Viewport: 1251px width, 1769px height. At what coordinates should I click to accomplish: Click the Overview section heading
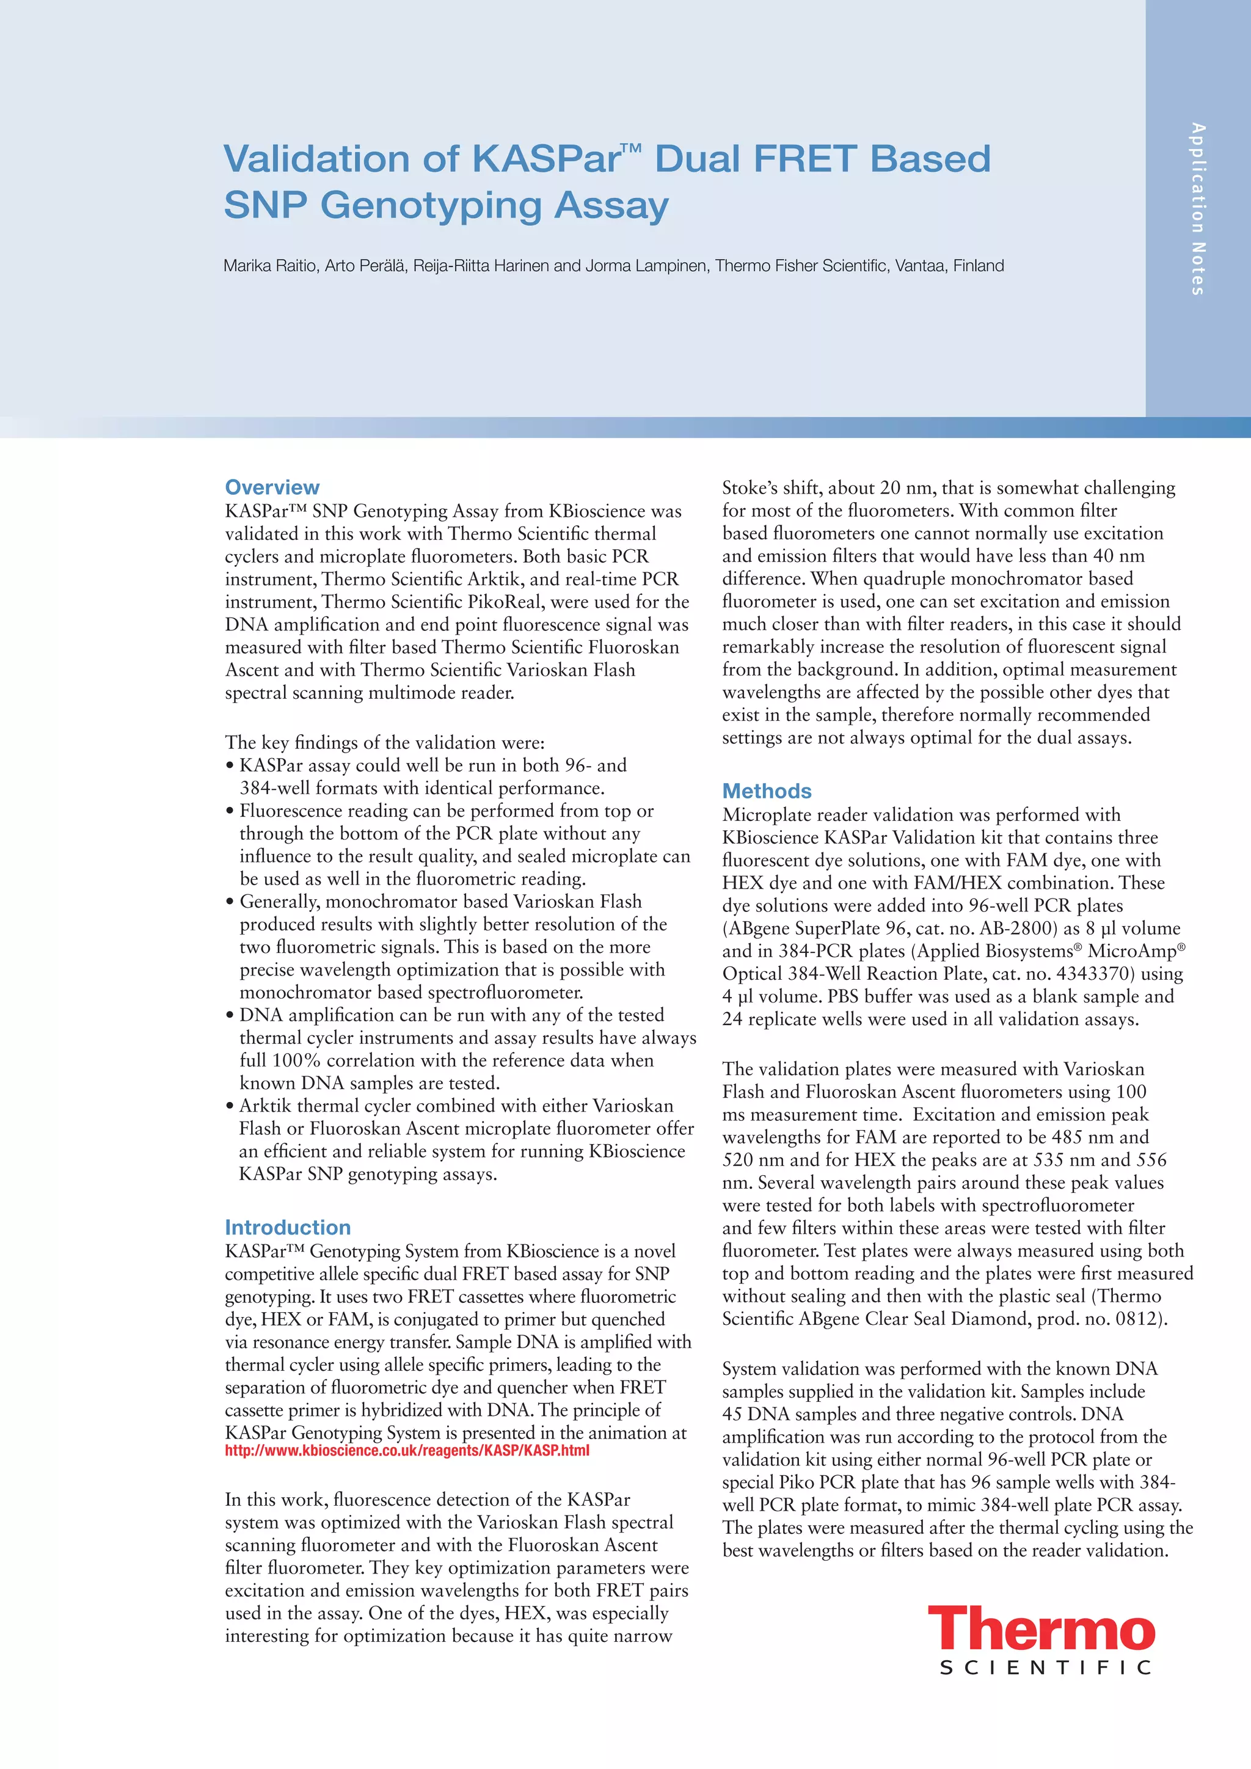272,487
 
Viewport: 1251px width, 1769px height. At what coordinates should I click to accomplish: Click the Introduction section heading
287,1227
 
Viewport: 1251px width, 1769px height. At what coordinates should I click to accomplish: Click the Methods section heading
767,790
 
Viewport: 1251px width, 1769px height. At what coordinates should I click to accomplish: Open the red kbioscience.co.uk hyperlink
407,1451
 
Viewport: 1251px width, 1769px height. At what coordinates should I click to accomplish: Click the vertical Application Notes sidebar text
1197,209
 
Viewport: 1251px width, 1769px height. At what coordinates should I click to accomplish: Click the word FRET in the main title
804,159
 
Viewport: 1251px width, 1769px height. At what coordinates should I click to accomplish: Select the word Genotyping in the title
431,206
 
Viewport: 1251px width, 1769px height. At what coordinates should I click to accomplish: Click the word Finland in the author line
979,266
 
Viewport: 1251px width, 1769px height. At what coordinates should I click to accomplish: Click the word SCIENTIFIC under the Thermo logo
1045,1668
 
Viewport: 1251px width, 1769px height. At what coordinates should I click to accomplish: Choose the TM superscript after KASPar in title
630,147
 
